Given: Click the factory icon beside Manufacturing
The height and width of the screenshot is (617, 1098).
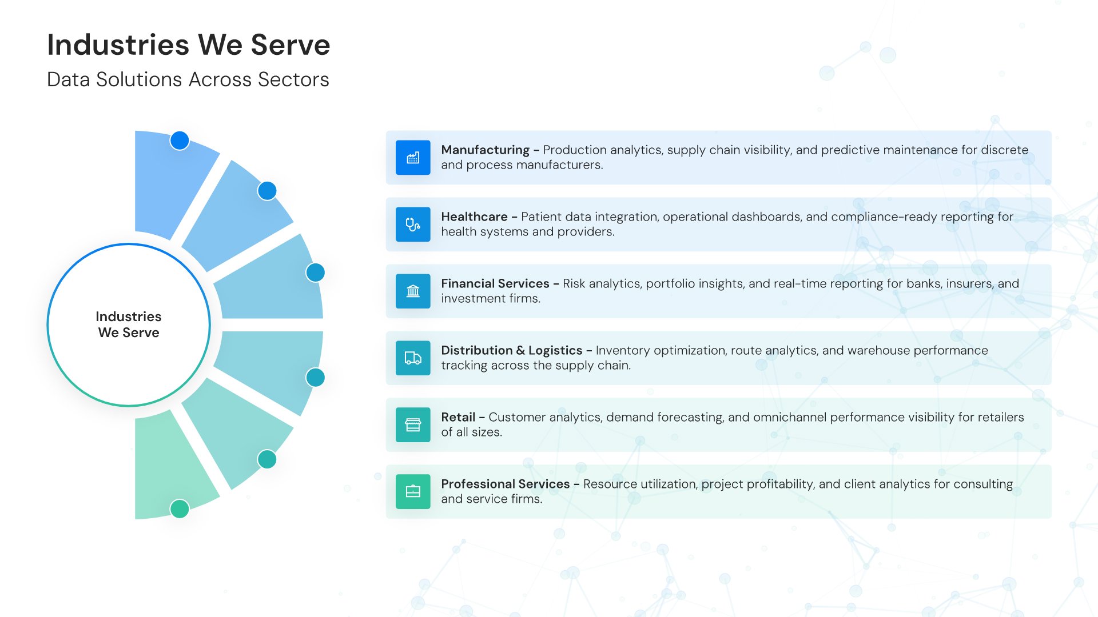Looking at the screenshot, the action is (413, 158).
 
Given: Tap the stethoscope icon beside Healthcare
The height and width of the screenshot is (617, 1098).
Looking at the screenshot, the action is (413, 225).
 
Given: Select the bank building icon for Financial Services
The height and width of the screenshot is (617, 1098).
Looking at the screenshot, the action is (413, 291).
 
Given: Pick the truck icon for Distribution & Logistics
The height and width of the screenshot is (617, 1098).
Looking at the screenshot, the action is (413, 358).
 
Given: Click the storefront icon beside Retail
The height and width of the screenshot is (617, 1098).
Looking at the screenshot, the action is (413, 425).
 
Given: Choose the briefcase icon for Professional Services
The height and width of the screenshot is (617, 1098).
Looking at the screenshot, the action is (413, 492).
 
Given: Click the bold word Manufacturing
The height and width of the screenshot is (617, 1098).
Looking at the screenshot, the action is (485, 150).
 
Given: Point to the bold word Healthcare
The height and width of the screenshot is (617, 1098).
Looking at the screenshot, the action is (474, 217).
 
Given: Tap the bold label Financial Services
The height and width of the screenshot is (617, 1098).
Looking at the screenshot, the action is (495, 284).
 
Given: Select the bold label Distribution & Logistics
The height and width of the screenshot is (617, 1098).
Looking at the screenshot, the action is (512, 351).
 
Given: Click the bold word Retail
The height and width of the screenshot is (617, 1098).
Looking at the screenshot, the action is (458, 418).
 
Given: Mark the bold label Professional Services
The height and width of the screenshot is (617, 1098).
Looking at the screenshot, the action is (506, 484).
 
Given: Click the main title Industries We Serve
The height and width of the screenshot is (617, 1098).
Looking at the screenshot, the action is (189, 45).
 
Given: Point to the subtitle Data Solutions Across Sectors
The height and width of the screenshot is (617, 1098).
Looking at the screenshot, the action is (188, 79).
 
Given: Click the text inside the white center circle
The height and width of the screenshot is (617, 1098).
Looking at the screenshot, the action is (129, 324).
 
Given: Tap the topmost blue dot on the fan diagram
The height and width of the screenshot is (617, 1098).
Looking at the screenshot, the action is (180, 141).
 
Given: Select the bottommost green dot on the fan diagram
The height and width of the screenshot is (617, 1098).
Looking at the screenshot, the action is (180, 508).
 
